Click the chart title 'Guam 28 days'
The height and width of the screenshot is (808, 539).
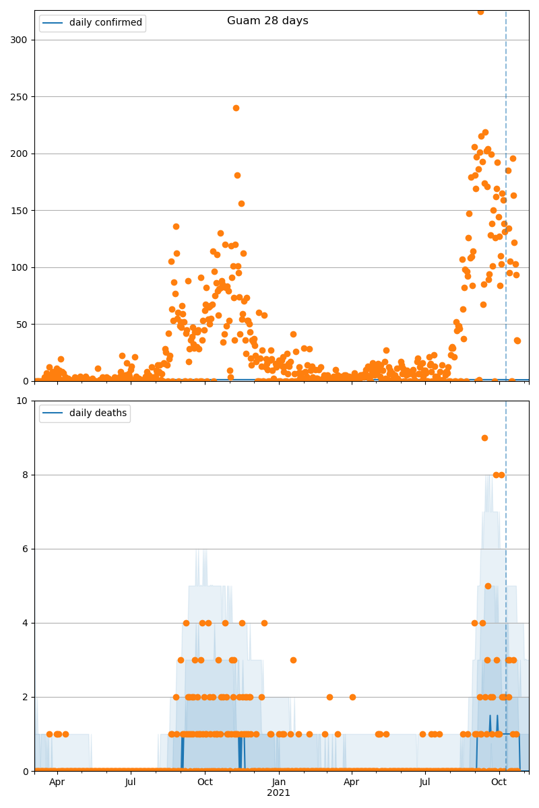point(267,21)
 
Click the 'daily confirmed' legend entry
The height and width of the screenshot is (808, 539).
point(105,23)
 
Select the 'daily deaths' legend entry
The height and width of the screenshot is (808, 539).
point(98,413)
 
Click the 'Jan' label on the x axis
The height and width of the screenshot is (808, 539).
point(278,782)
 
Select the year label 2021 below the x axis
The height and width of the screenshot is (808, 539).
point(278,793)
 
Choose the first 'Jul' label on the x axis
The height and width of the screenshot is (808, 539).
point(131,782)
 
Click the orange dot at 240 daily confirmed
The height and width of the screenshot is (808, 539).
point(236,108)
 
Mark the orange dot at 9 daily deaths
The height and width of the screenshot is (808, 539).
point(484,438)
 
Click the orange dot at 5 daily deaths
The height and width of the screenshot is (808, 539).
point(488,586)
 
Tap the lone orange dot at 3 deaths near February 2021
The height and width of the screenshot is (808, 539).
point(293,660)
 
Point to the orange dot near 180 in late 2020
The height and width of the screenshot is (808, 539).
point(237,175)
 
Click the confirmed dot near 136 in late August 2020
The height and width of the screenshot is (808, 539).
point(176,226)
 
